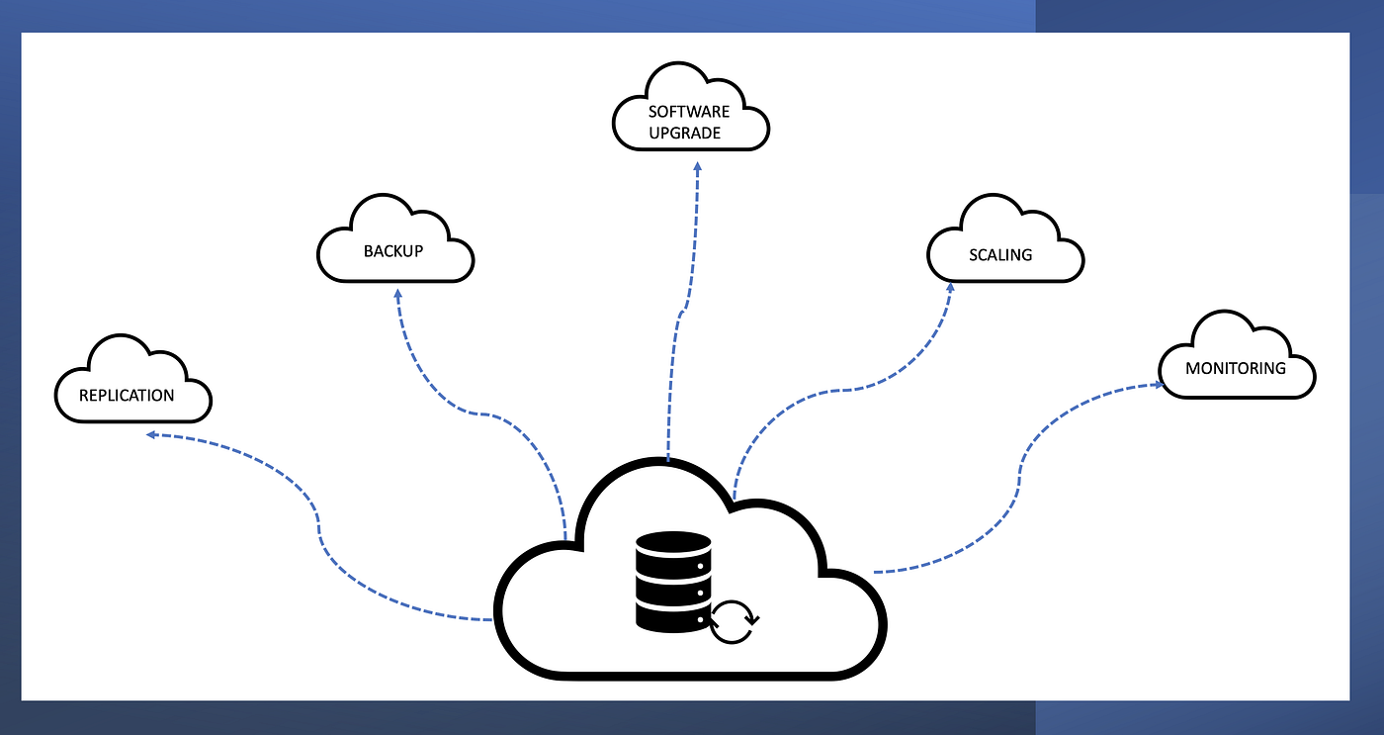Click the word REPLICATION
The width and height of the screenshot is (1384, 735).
click(x=127, y=396)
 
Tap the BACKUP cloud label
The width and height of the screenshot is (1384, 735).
click(x=393, y=251)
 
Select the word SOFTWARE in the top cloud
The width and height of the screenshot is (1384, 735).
click(x=689, y=112)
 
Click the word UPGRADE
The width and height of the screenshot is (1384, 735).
click(x=685, y=133)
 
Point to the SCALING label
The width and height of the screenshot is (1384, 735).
click(x=1000, y=255)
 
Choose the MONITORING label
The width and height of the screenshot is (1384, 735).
click(x=1236, y=369)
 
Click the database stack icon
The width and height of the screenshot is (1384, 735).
click(x=673, y=581)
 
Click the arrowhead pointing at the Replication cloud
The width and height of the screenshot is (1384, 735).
click(x=151, y=434)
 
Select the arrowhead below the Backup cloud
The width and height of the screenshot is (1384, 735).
click(x=397, y=295)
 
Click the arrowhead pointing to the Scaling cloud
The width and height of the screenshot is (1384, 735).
click(x=950, y=288)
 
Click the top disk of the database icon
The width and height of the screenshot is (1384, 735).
click(x=673, y=544)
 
